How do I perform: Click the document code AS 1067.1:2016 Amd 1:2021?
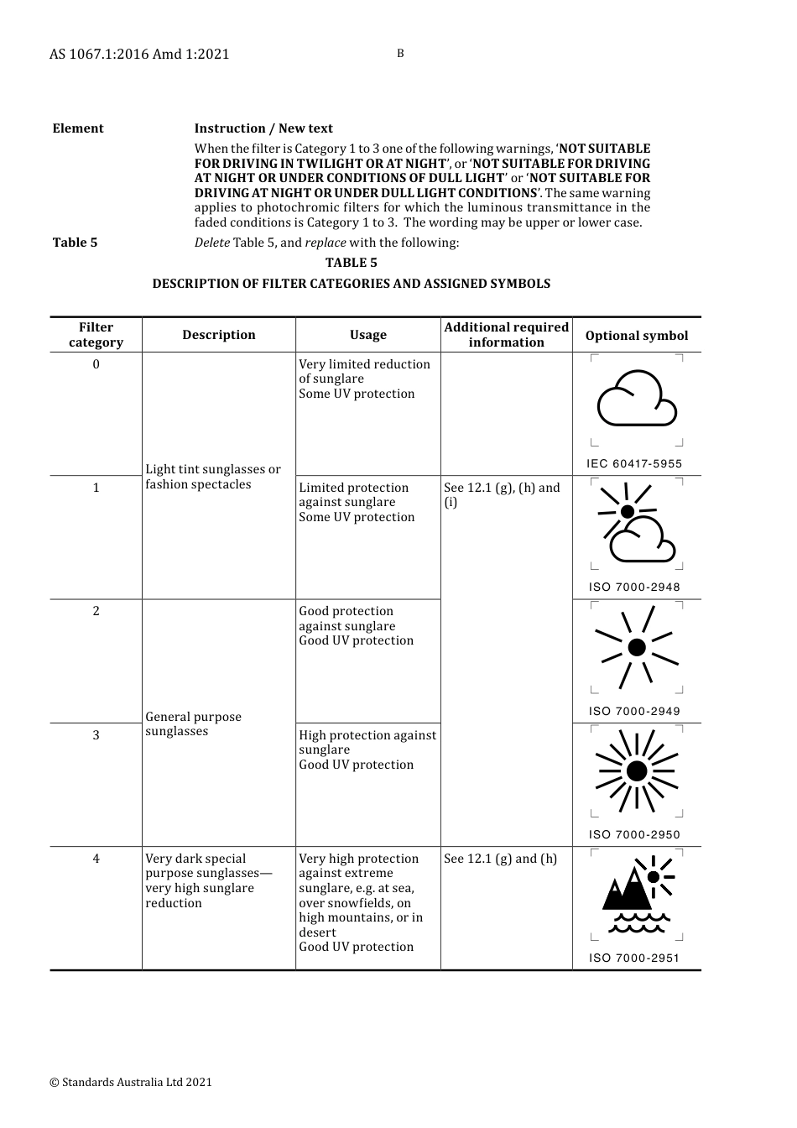(139, 55)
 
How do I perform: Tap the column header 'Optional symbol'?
(636, 336)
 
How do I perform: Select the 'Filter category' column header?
(96, 335)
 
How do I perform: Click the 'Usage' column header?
(367, 335)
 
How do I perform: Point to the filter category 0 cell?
(96, 364)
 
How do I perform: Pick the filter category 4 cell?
(96, 859)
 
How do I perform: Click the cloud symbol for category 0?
(637, 399)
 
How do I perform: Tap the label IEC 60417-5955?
(634, 464)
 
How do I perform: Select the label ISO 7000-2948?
(634, 587)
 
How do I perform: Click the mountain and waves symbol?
(637, 895)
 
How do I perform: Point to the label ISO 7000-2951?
(634, 958)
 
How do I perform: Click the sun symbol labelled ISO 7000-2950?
(637, 771)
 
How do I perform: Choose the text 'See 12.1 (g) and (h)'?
(500, 859)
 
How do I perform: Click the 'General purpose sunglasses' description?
(193, 724)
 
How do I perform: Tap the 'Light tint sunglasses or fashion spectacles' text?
(212, 477)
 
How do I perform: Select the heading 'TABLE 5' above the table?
(352, 263)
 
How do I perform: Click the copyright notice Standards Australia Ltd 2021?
(131, 1083)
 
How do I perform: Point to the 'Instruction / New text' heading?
(263, 128)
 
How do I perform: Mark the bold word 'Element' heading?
(78, 128)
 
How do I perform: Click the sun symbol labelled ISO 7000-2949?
(637, 647)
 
